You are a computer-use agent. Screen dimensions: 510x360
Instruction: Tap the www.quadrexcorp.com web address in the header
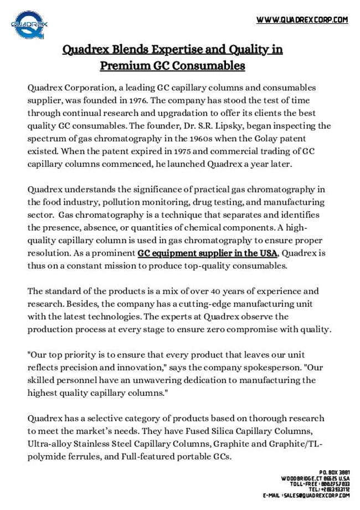pos(302,20)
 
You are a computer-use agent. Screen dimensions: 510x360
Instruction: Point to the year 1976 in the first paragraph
pos(139,100)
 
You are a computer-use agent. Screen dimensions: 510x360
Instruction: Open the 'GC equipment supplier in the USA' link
pos(207,253)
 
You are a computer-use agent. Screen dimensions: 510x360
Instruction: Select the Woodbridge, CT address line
pos(315,478)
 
